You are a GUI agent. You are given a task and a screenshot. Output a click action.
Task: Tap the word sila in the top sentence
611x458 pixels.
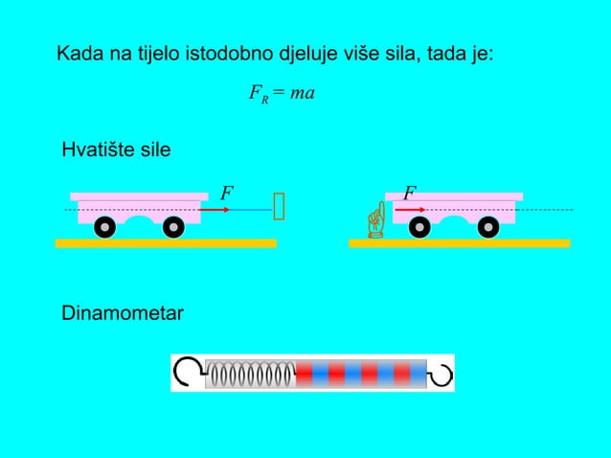click(x=397, y=53)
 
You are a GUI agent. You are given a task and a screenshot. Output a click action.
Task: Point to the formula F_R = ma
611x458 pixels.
click(x=282, y=94)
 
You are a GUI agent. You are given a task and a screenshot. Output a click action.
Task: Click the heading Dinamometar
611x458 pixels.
click(x=123, y=313)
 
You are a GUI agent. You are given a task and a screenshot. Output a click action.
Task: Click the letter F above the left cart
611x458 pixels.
click(x=226, y=193)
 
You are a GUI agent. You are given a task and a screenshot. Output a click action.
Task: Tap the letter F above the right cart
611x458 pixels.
click(x=409, y=193)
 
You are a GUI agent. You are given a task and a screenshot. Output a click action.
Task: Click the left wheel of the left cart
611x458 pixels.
click(x=104, y=227)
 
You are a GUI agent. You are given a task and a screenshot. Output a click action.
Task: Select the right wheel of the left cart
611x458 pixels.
click(x=173, y=227)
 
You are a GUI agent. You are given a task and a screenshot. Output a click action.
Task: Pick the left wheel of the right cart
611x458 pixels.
click(x=419, y=227)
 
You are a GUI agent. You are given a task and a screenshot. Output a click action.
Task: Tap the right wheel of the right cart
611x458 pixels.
click(x=488, y=227)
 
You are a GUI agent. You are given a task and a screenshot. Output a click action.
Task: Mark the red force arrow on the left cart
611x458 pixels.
click(x=215, y=208)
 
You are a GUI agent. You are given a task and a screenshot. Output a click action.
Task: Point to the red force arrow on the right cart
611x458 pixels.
click(x=409, y=208)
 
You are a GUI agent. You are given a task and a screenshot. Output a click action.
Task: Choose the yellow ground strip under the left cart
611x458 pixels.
click(x=166, y=243)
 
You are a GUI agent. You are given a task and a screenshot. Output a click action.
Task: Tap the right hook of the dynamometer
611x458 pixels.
click(x=441, y=373)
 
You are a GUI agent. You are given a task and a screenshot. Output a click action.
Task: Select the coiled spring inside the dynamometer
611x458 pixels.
click(x=250, y=374)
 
